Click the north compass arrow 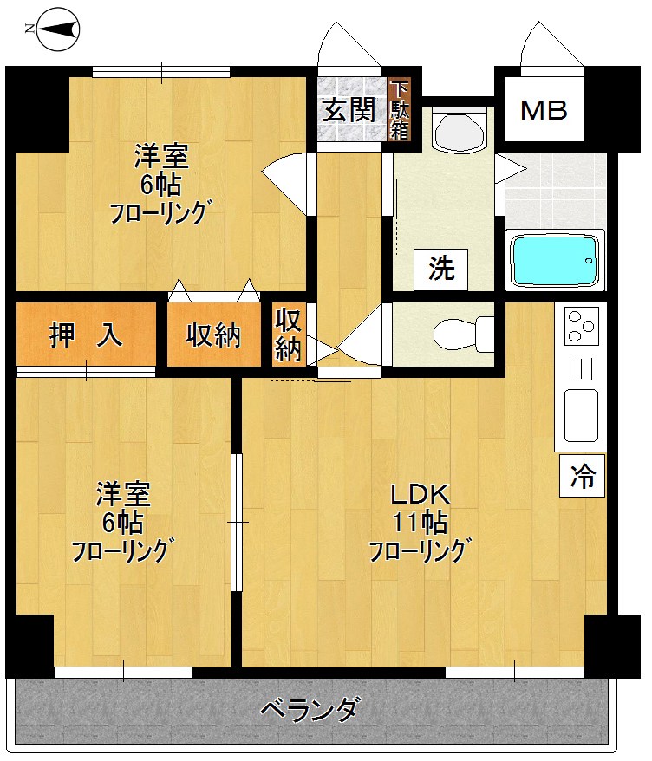tap(53, 29)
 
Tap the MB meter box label tap(544, 110)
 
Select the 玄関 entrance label tap(349, 110)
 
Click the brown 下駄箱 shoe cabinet tap(399, 110)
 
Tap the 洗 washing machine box tap(441, 270)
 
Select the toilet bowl tap(456, 334)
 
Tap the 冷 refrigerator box tap(582, 475)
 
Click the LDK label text tap(420, 496)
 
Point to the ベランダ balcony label tap(310, 710)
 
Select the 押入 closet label tap(86, 335)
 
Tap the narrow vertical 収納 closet tap(289, 335)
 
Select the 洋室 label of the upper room tap(161, 158)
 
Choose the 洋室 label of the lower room tap(123, 496)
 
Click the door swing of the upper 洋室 tap(289, 178)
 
